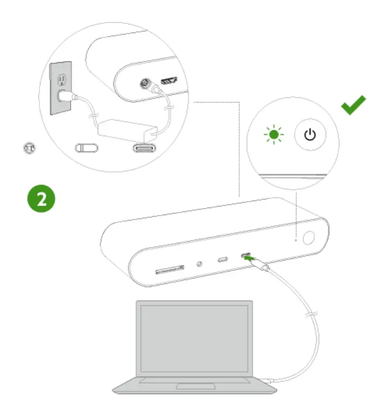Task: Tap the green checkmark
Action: pyautogui.click(x=353, y=104)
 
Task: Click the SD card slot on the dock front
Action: pyautogui.click(x=170, y=269)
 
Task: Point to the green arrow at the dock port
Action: pyautogui.click(x=248, y=259)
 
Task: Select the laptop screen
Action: pyautogui.click(x=193, y=338)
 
